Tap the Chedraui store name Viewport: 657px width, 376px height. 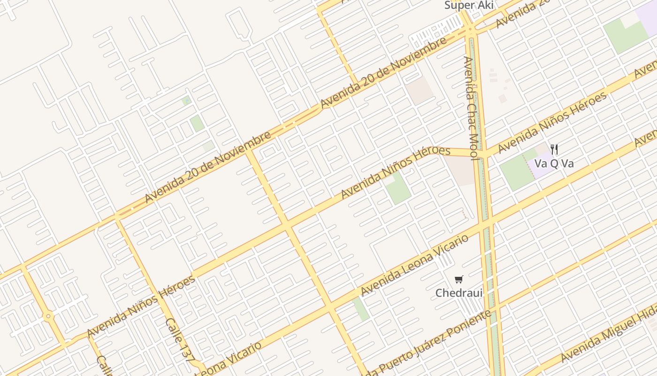(x=458, y=293)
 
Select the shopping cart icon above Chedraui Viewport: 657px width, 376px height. (x=459, y=280)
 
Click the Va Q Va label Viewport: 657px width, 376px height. (x=554, y=164)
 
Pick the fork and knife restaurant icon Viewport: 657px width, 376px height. (x=554, y=149)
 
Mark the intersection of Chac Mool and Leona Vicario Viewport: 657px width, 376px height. (x=486, y=225)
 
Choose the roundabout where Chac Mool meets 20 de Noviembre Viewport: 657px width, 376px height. (x=470, y=31)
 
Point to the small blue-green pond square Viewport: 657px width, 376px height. (x=186, y=100)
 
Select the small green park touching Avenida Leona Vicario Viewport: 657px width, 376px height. (x=360, y=309)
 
